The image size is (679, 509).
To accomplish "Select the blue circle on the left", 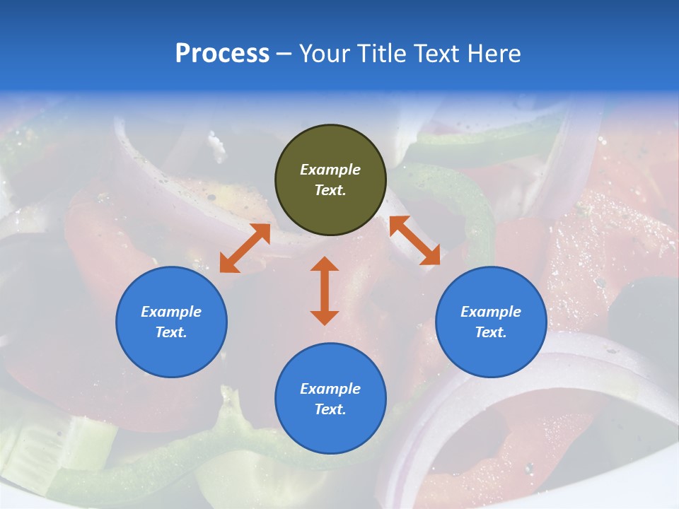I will (171, 322).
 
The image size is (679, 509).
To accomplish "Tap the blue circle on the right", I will (491, 322).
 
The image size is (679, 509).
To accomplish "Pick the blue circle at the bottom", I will (330, 399).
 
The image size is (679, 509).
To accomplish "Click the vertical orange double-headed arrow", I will (325, 291).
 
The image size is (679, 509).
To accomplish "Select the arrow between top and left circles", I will (245, 247).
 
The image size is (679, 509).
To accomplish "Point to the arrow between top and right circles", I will (414, 240).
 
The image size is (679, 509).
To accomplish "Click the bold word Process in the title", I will (222, 54).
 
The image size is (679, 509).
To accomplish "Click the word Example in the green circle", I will (330, 170).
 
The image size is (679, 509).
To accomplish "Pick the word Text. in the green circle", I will (330, 190).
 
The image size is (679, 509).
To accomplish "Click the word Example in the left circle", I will (171, 312).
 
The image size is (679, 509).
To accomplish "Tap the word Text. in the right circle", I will (491, 332).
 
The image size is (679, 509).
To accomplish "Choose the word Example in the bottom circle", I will (330, 389).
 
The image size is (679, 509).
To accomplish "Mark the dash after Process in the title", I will (284, 54).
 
